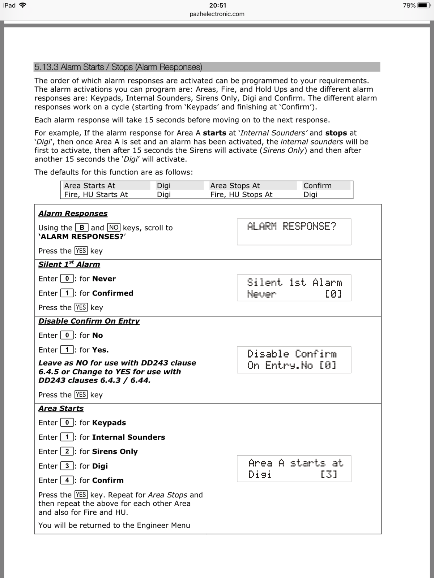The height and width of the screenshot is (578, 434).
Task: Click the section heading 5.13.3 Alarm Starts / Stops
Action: click(118, 67)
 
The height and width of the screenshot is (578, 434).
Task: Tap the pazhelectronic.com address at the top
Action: click(217, 14)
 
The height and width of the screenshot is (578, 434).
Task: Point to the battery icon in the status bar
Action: click(424, 5)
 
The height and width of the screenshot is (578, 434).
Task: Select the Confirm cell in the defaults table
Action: click(317, 186)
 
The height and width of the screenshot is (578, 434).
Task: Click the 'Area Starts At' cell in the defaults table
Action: click(90, 186)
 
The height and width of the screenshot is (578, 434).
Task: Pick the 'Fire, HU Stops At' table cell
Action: click(241, 194)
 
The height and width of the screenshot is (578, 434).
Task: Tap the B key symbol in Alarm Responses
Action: click(82, 228)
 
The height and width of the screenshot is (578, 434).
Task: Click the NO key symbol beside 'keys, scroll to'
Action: click(114, 228)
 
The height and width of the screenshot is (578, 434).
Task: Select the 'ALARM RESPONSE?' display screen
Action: click(294, 232)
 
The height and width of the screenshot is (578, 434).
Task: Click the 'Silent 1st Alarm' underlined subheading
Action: click(69, 264)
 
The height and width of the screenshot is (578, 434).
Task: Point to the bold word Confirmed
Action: click(112, 293)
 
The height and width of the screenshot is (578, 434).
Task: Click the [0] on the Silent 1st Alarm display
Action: click(333, 294)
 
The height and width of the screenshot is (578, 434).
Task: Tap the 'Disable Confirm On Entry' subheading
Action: click(89, 321)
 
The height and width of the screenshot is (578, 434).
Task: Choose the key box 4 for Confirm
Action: click(67, 480)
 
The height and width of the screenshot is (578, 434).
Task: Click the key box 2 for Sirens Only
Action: click(67, 452)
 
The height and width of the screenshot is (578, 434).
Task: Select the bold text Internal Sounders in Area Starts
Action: click(128, 437)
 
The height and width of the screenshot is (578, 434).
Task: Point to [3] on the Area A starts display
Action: click(329, 474)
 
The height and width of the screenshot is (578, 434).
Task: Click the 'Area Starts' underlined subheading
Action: click(61, 409)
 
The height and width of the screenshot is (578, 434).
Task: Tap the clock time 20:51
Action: click(217, 5)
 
